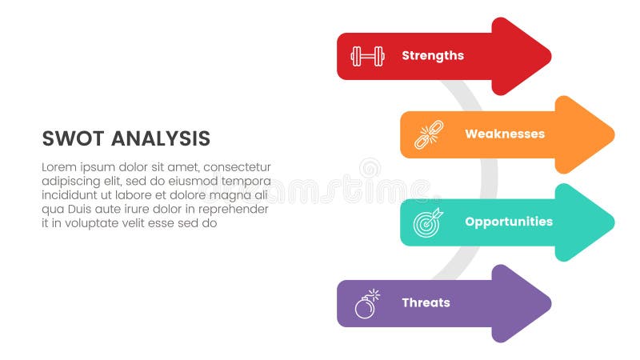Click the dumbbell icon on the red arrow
pos(367,56)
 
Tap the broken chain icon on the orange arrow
pos(428,134)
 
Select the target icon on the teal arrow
pos(427,222)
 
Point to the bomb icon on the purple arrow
pos(366,304)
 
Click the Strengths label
pos(432,56)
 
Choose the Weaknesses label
pos(504,134)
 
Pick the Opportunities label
pos(509,222)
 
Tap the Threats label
pos(426,303)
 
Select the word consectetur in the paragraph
pos(238,167)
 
